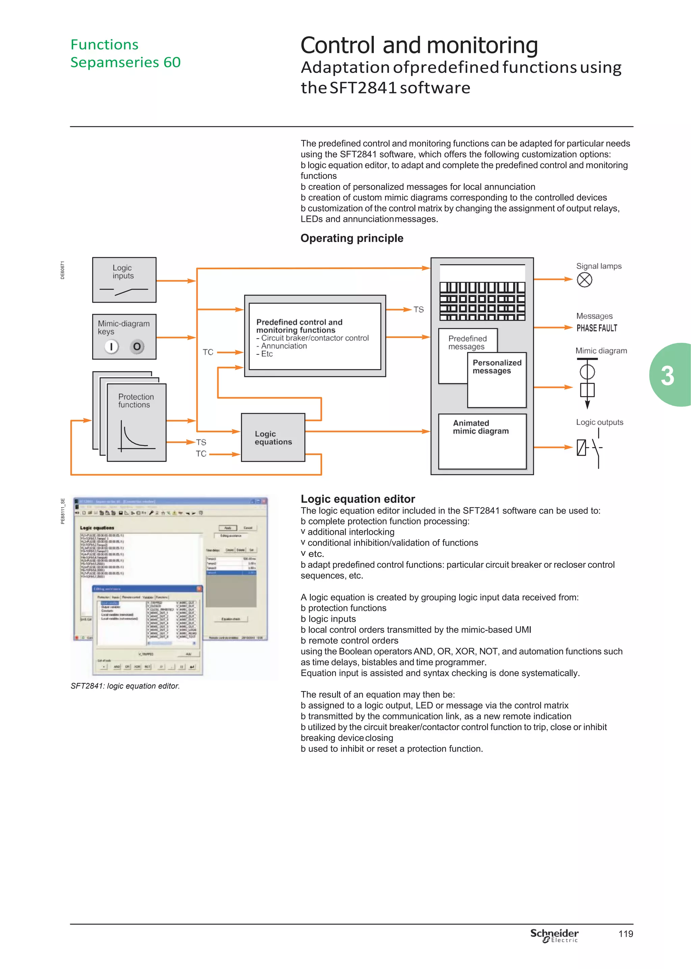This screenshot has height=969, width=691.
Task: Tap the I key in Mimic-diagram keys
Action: click(x=111, y=347)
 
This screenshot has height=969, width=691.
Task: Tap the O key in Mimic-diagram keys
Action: click(x=137, y=347)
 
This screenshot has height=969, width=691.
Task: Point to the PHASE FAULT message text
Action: click(x=597, y=328)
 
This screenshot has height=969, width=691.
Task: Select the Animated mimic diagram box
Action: click(x=482, y=441)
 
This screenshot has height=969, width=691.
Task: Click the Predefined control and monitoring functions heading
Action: click(x=299, y=326)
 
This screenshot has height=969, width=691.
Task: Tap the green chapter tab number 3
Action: click(x=667, y=376)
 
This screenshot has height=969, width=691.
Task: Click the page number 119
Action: click(x=626, y=934)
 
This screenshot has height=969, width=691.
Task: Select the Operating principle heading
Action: click(x=352, y=238)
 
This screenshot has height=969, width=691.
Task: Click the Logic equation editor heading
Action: click(x=357, y=499)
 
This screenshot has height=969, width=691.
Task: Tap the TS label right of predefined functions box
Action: click(x=418, y=310)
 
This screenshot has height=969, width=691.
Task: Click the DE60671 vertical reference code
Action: click(x=62, y=270)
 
